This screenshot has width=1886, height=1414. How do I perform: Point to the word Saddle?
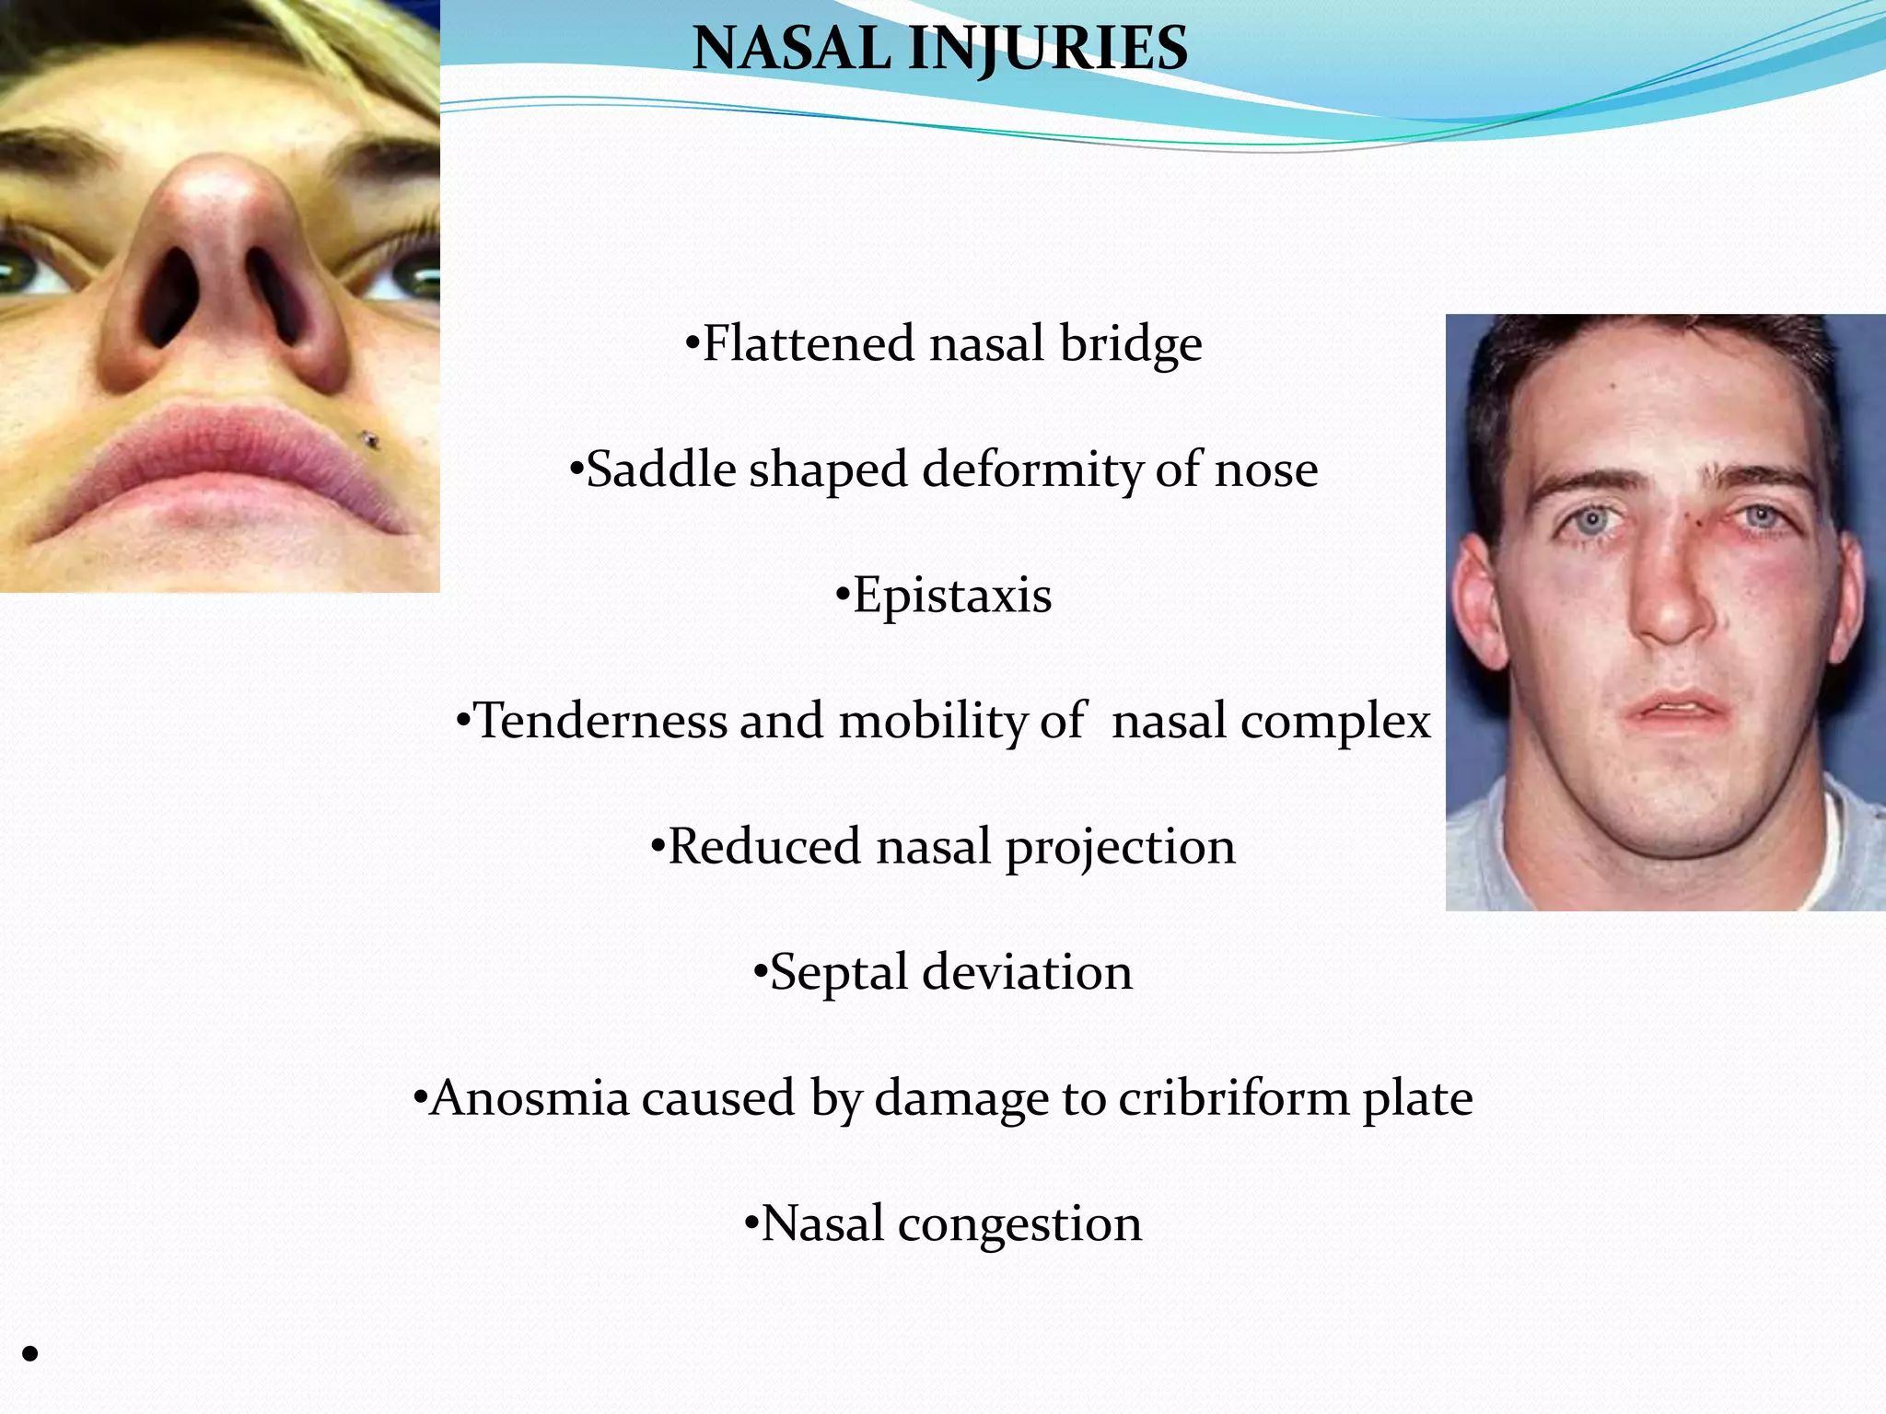(660, 469)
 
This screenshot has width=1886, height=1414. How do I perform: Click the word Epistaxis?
(951, 595)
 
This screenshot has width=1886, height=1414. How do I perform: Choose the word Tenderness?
(600, 720)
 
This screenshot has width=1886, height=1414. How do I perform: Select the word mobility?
(932, 720)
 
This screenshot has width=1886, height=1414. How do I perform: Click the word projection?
(1119, 847)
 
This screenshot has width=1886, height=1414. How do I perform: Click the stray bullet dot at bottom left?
(30, 1352)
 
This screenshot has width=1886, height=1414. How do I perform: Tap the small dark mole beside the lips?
(372, 440)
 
